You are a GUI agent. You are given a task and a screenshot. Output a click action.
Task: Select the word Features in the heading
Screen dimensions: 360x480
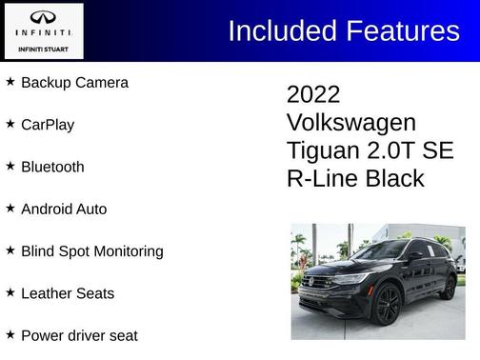(x=404, y=30)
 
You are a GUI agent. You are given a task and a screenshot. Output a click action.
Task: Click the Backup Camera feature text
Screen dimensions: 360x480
(x=74, y=83)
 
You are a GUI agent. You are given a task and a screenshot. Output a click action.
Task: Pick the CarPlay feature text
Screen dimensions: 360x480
(x=48, y=125)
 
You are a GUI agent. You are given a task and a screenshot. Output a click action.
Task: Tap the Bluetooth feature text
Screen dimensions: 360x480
(x=52, y=167)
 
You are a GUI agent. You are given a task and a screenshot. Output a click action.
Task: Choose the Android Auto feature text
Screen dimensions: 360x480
(x=64, y=209)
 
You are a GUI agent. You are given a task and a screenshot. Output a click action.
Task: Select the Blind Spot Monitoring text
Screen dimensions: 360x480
(x=92, y=251)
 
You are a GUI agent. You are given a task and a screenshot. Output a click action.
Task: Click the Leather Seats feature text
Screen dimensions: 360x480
(x=68, y=293)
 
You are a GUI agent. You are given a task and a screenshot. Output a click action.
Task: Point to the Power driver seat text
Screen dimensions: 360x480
(x=79, y=335)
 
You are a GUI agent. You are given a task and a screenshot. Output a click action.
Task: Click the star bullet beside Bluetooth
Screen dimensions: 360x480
(x=10, y=166)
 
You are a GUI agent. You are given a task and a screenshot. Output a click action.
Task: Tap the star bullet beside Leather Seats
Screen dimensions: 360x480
(x=10, y=292)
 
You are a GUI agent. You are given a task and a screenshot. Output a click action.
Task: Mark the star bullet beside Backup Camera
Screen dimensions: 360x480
(x=10, y=82)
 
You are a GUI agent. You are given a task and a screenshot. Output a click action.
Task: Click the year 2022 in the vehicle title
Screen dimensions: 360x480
(x=313, y=95)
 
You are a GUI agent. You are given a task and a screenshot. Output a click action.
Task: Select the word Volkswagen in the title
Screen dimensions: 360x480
(x=351, y=123)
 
